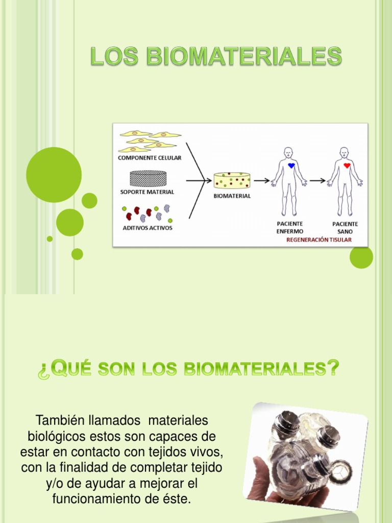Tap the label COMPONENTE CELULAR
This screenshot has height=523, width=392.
coord(150,158)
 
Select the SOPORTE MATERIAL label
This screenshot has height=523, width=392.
coord(147,192)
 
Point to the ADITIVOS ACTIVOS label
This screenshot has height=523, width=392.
coord(148,228)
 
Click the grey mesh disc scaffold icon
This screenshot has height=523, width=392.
coord(149,178)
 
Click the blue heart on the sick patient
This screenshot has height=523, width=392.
coord(291,165)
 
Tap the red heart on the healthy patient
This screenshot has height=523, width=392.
coord(347,165)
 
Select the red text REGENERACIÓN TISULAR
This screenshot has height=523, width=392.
coord(319,239)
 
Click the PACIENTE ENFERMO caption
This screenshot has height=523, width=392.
coord(289,227)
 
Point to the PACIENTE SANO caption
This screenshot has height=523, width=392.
coord(345,227)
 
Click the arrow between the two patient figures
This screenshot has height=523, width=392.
coord(317,180)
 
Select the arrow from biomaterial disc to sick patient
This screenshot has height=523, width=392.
coord(262,180)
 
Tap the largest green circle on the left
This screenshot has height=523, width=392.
coord(54,175)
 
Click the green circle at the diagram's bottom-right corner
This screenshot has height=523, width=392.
coord(361,257)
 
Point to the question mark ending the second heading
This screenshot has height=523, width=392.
coord(333,368)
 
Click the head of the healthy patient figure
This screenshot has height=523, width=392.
coord(344,152)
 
